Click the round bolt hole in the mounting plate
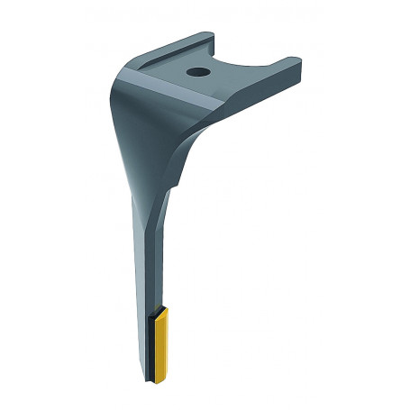[x=196, y=72]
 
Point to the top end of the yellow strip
[x=162, y=308]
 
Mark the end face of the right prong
[x=294, y=67]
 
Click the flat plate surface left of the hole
[x=167, y=72]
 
